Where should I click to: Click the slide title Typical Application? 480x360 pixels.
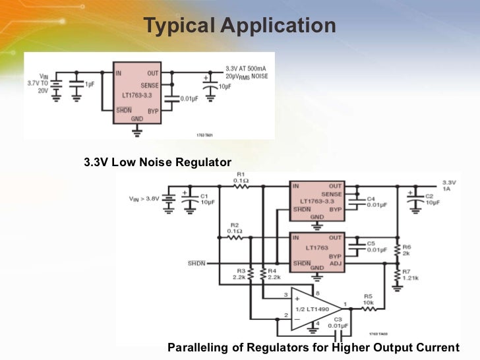(239, 26)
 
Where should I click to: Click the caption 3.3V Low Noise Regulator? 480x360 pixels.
(158, 162)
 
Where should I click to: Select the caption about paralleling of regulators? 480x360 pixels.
(313, 347)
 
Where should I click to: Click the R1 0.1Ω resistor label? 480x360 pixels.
(241, 177)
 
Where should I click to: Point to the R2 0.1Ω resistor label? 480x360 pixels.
(235, 227)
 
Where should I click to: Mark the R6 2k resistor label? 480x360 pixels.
(407, 250)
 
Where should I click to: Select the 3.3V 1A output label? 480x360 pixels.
(449, 185)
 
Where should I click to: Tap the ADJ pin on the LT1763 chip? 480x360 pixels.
(336, 262)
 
